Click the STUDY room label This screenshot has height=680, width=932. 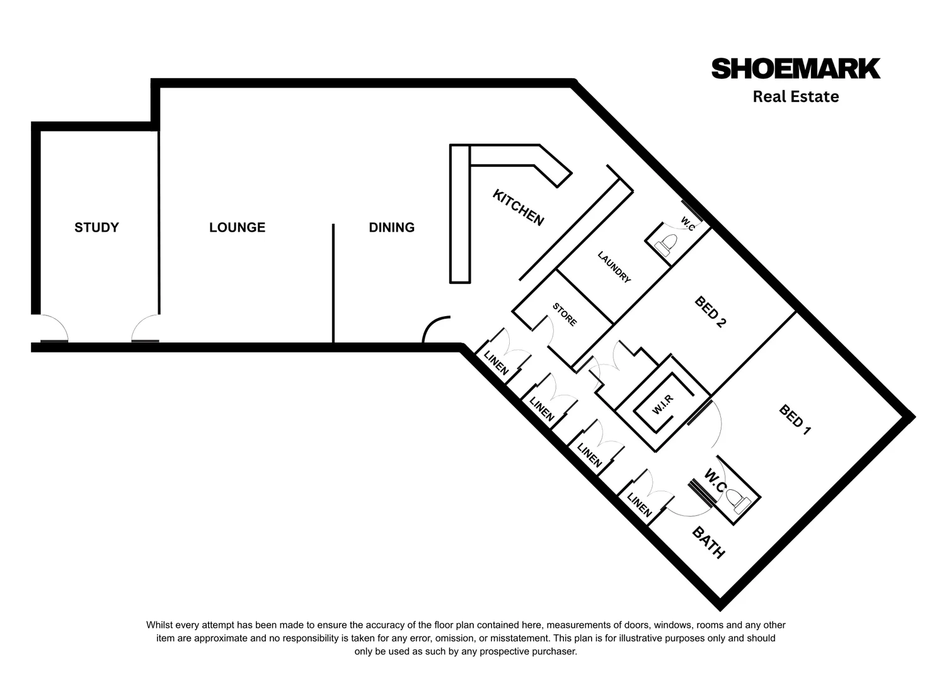coord(96,227)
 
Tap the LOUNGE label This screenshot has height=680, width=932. coord(237,227)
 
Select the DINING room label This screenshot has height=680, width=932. coord(391,227)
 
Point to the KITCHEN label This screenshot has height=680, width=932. coord(517,207)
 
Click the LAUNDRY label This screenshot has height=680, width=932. coord(614,268)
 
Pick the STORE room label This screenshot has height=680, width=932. coord(565,314)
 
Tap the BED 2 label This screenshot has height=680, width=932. coord(710,312)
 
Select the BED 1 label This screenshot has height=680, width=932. coord(795,420)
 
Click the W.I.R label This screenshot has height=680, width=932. coord(663,404)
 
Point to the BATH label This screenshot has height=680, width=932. coord(708,543)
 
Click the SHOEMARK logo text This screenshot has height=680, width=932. coord(795,69)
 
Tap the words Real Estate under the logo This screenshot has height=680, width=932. coord(795,96)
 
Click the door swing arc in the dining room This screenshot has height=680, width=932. coord(434,329)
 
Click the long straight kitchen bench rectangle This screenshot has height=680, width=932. coord(460,214)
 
